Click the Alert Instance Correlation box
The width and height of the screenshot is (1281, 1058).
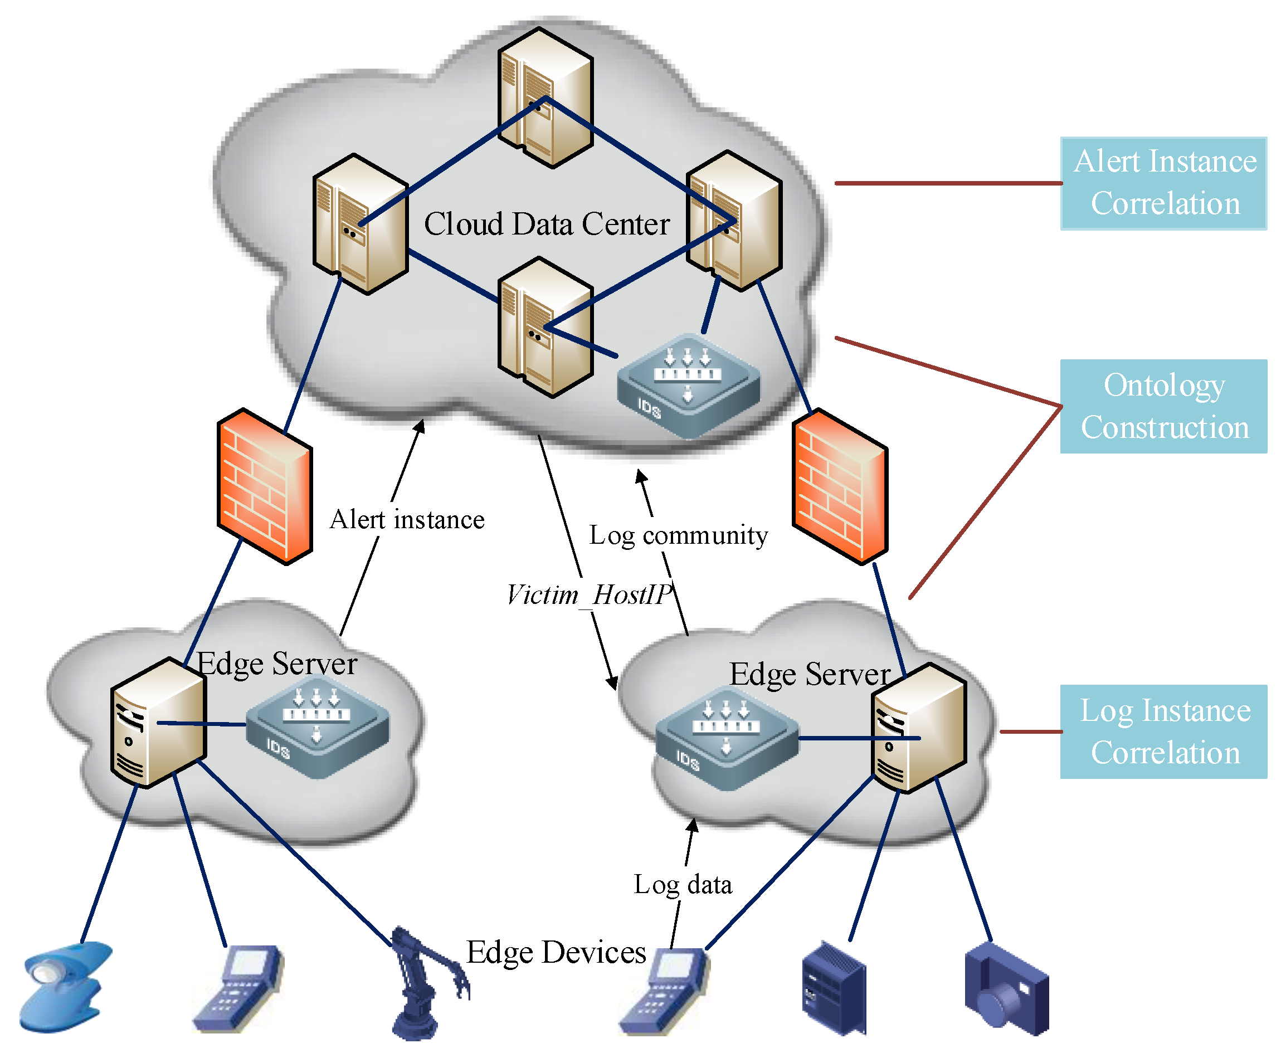click(x=1162, y=183)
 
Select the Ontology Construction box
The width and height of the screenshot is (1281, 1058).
click(x=1162, y=406)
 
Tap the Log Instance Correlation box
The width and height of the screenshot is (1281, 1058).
click(x=1162, y=731)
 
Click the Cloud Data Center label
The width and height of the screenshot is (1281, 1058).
click(x=546, y=223)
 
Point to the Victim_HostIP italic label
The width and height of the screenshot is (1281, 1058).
click(x=588, y=594)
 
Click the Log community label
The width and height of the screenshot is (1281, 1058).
click(x=678, y=535)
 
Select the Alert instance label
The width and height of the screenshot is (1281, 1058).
click(x=407, y=520)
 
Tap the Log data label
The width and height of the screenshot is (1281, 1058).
click(x=682, y=884)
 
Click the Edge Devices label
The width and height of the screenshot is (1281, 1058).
click(x=555, y=952)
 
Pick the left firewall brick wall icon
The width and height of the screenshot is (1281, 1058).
click(x=265, y=486)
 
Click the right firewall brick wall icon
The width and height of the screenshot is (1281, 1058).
click(x=839, y=486)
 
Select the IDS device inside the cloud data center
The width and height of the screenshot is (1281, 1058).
click(x=688, y=385)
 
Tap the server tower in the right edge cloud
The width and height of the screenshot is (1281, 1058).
click(x=918, y=728)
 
